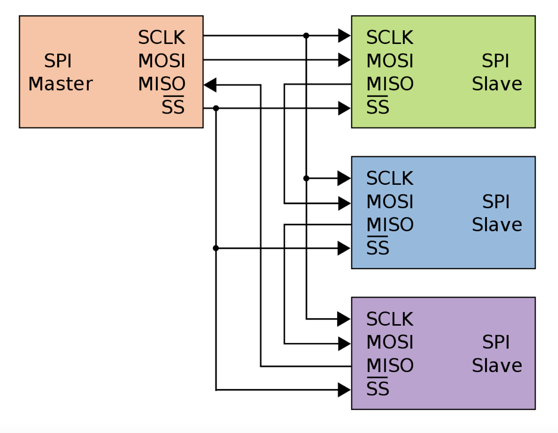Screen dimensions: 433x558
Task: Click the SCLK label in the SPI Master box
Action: point(161,37)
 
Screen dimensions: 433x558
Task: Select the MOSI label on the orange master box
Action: point(161,61)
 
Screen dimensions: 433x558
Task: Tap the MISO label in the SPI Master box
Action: point(161,84)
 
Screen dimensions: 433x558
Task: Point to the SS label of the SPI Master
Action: point(173,107)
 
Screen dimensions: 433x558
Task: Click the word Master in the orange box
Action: point(61,84)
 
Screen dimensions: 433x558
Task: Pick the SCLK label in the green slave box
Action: point(390,37)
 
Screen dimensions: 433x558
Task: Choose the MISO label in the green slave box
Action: point(390,84)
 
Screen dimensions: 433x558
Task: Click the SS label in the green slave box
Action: point(378,107)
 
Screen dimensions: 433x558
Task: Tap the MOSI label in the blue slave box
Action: point(390,202)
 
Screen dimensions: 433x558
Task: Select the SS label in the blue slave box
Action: point(378,248)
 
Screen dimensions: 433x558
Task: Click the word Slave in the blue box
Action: point(497,225)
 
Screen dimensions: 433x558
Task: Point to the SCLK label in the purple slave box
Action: point(390,319)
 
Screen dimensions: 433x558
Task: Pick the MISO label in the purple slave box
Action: point(390,365)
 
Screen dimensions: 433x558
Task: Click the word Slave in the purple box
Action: point(497,365)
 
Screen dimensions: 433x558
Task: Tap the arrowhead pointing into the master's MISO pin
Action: point(210,85)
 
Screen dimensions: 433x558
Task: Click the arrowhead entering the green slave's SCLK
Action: point(344,36)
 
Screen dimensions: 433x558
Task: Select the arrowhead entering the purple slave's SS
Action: point(344,390)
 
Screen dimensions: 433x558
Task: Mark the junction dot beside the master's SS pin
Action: point(216,108)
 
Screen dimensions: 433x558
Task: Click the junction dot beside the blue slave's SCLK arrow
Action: point(306,178)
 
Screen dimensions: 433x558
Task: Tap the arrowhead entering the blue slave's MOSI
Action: point(344,203)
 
